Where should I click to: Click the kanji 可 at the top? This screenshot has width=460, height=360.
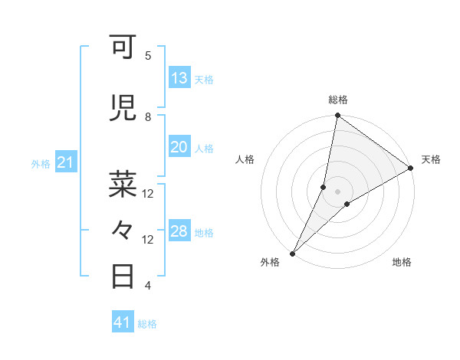pyautogui.click(x=124, y=50)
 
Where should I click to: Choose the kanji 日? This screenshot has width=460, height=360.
pyautogui.click(x=124, y=276)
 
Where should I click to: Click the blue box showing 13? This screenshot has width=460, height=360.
pyautogui.click(x=179, y=78)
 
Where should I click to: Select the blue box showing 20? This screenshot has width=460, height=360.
pyautogui.click(x=179, y=148)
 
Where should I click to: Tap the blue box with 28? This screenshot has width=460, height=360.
pyautogui.click(x=179, y=232)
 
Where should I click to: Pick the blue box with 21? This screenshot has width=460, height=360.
pyautogui.click(x=66, y=162)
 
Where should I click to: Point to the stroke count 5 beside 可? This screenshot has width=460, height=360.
pyautogui.click(x=148, y=56)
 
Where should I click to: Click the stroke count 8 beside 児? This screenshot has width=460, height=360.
pyautogui.click(x=148, y=117)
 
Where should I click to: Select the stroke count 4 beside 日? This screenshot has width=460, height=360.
pyautogui.click(x=148, y=286)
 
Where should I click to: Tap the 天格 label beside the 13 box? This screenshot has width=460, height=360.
pyautogui.click(x=204, y=79)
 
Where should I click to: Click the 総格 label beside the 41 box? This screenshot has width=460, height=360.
pyautogui.click(x=148, y=324)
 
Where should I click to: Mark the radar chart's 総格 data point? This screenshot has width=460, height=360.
pyautogui.click(x=337, y=116)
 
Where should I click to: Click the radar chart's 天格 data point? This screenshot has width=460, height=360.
pyautogui.click(x=411, y=169)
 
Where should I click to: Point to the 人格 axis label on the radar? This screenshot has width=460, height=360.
pyautogui.click(x=245, y=159)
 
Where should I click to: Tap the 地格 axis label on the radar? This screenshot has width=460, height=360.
pyautogui.click(x=402, y=262)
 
